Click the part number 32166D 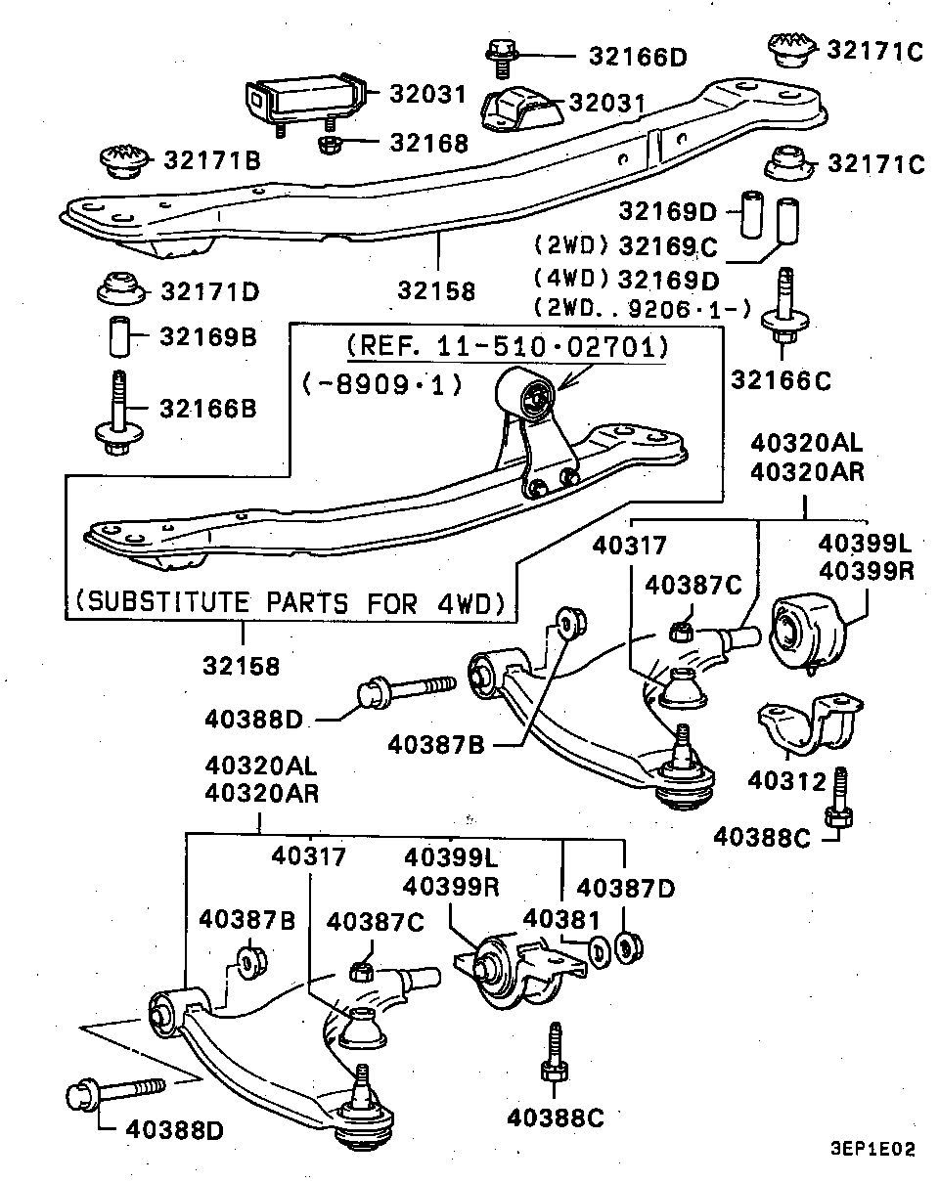(638, 57)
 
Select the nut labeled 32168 (331, 145)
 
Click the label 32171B (212, 160)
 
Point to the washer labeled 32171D (121, 287)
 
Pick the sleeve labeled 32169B (119, 336)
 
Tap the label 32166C (781, 380)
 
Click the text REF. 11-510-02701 (508, 346)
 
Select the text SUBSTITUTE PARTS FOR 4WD (290, 602)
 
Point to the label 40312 (786, 781)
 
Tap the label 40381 (561, 919)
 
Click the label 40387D (625, 888)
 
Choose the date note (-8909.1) (382, 385)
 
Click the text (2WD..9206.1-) (642, 308)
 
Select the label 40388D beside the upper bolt (253, 719)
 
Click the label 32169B (208, 336)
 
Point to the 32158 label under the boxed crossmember (241, 666)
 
